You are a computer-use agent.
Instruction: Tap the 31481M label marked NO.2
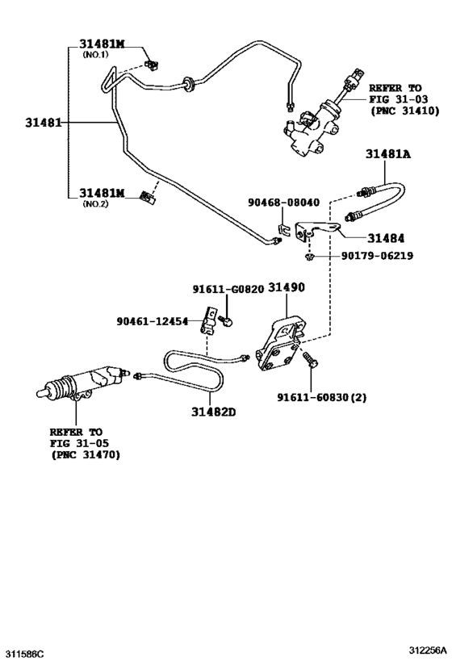(103, 194)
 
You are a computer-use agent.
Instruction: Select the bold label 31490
(288, 288)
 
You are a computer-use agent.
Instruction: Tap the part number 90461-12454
(153, 320)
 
